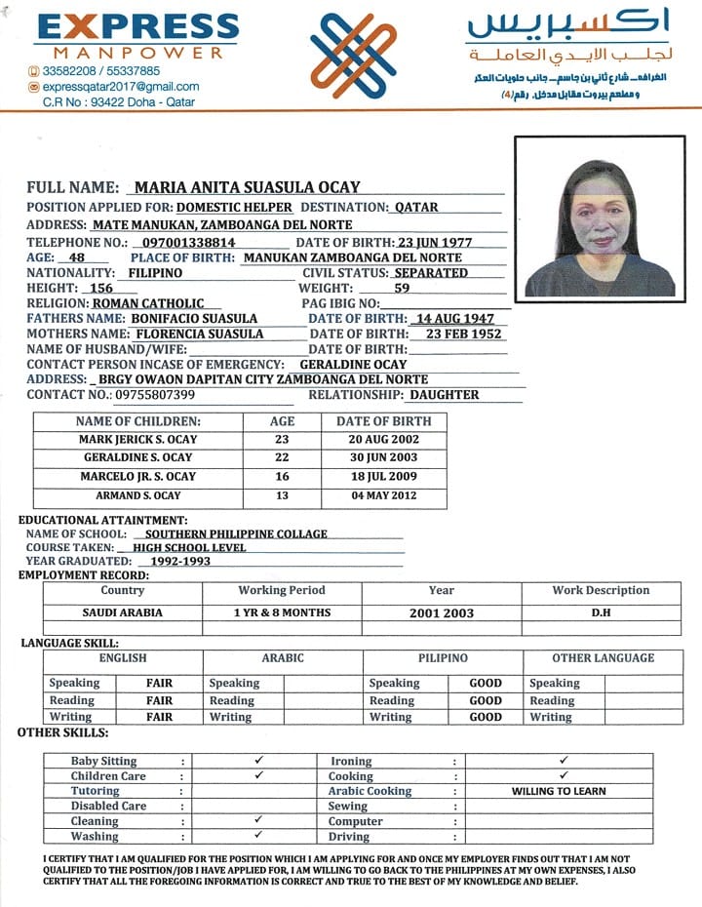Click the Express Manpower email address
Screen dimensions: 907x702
(x=120, y=86)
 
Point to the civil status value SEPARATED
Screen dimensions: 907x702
(x=431, y=273)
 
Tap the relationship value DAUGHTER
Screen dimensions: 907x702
(x=444, y=395)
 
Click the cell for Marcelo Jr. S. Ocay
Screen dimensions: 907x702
(x=137, y=477)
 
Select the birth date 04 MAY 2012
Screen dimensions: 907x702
(x=383, y=495)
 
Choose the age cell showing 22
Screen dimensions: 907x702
(x=282, y=458)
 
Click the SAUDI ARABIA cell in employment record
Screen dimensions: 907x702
(x=123, y=613)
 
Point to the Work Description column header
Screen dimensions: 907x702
(x=600, y=591)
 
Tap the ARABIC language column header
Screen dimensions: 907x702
(x=283, y=658)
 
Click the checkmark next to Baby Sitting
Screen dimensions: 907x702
(x=258, y=760)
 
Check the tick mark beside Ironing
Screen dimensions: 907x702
(x=564, y=760)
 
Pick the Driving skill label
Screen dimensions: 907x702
(x=349, y=837)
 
